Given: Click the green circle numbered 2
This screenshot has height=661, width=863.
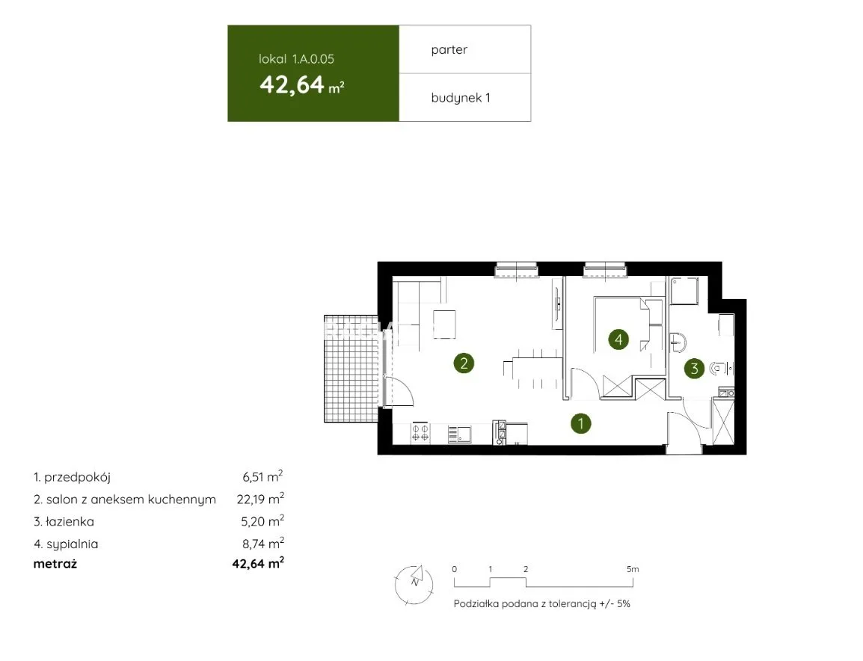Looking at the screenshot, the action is (x=464, y=363).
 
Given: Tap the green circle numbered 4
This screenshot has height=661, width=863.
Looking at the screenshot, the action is (x=618, y=339).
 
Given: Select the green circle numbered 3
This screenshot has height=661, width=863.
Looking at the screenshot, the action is (x=694, y=368).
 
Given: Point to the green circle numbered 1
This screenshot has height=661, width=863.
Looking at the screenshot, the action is (x=580, y=423).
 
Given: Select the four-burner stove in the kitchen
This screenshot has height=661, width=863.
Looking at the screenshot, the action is (x=420, y=433).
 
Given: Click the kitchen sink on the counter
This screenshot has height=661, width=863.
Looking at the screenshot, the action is (x=459, y=434).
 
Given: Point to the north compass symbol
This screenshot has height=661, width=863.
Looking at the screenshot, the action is (x=414, y=583).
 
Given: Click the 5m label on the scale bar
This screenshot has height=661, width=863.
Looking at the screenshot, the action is (x=633, y=569).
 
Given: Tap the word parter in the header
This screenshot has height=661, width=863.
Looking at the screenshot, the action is (x=449, y=49).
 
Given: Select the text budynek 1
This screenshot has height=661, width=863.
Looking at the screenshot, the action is (x=461, y=98).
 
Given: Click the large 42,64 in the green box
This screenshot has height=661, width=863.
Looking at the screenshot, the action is (x=292, y=84).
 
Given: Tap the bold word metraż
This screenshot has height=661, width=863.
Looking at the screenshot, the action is (x=55, y=564).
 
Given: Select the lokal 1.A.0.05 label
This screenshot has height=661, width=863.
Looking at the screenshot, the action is (x=296, y=59).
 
